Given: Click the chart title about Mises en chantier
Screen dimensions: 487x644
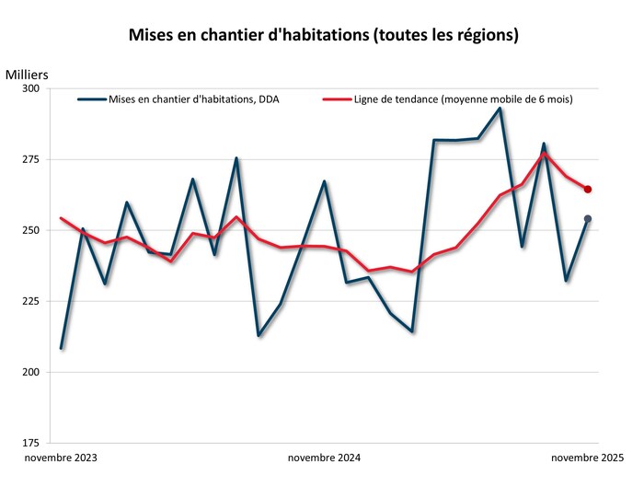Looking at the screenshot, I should tap(322, 36).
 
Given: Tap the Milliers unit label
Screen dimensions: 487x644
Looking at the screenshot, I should tap(27, 74).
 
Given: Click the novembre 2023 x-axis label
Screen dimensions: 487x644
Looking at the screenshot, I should tap(61, 458).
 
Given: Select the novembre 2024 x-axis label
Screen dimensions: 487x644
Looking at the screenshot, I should tap(324, 458).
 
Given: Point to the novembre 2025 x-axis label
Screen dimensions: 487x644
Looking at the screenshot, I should tap(587, 458).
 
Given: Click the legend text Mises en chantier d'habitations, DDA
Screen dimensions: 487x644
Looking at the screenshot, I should tap(194, 99).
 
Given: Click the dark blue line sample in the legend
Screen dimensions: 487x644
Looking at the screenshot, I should tap(92, 99).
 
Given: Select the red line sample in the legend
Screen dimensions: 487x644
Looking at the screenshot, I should tap(336, 99).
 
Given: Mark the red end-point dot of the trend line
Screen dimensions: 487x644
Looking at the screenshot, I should tap(588, 190).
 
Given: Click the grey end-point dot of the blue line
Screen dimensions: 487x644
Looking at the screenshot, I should tap(588, 219).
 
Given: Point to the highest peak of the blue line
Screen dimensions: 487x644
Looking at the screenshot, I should tap(500, 109).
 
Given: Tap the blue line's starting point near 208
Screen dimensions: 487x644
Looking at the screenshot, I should tap(62, 348).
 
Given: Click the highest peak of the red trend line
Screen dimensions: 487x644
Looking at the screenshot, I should tap(544, 153).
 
